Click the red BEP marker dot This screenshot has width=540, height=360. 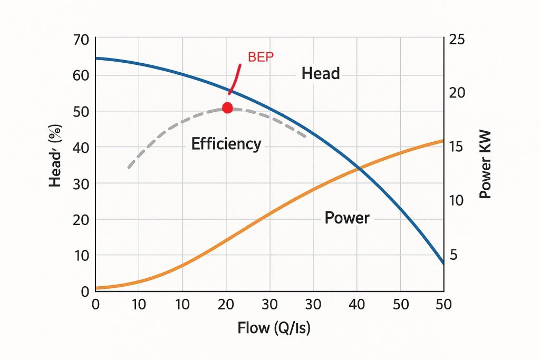(x=227, y=108)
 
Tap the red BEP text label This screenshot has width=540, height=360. (x=261, y=57)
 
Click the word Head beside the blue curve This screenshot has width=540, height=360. (x=321, y=74)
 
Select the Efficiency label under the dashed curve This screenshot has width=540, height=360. (x=226, y=144)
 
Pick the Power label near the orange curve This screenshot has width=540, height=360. (x=346, y=218)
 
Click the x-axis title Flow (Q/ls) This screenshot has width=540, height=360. (x=274, y=328)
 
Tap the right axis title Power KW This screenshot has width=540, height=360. (x=485, y=164)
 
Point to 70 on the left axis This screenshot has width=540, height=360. (x=81, y=39)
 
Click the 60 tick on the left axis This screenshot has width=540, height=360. (x=81, y=75)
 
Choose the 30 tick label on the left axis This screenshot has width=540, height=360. (x=81, y=183)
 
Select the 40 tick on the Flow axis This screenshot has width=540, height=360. (x=357, y=305)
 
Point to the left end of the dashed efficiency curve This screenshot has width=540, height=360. (x=129, y=167)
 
